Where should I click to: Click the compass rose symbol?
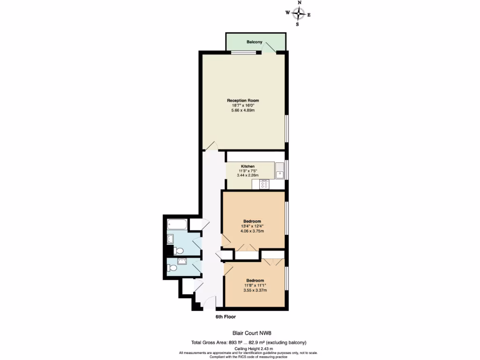pyautogui.click(x=298, y=14)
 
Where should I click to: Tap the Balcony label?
pyautogui.click(x=255, y=42)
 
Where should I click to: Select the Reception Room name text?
pyautogui.click(x=243, y=100)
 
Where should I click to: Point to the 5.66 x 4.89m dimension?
pyautogui.click(x=243, y=110)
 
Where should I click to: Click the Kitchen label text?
pyautogui.click(x=248, y=166)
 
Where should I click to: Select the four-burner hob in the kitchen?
pyautogui.click(x=264, y=184)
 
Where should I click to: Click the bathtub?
pyautogui.click(x=177, y=225)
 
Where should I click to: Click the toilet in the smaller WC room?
pyautogui.click(x=172, y=269)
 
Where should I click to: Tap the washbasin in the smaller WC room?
pyautogui.click(x=181, y=261)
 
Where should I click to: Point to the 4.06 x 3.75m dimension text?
pyautogui.click(x=252, y=231)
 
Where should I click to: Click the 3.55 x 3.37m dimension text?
pyautogui.click(x=255, y=290)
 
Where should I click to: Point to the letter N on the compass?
pyautogui.click(x=300, y=3)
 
